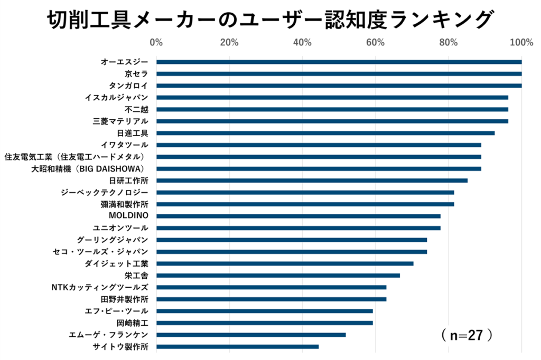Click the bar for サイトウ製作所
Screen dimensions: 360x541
tap(237, 347)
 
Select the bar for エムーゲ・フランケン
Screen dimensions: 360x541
tap(251, 335)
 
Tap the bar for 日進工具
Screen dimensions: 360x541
tap(325, 133)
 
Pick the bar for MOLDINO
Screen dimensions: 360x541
tap(298, 216)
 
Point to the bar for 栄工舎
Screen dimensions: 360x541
tap(278, 276)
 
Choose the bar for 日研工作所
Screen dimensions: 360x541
tap(312, 181)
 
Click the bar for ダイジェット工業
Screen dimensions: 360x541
tap(285, 263)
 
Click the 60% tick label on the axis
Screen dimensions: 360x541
tap(375, 42)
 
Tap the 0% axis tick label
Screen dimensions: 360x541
tap(156, 42)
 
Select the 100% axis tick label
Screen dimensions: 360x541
tap(521, 42)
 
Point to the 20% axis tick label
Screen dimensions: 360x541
tap(229, 42)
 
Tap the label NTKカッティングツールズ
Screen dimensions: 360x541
tap(99, 287)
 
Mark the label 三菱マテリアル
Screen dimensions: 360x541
tap(120, 121)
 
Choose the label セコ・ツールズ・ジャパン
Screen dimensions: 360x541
tap(100, 252)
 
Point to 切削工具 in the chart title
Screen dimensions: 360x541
tap(85, 20)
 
